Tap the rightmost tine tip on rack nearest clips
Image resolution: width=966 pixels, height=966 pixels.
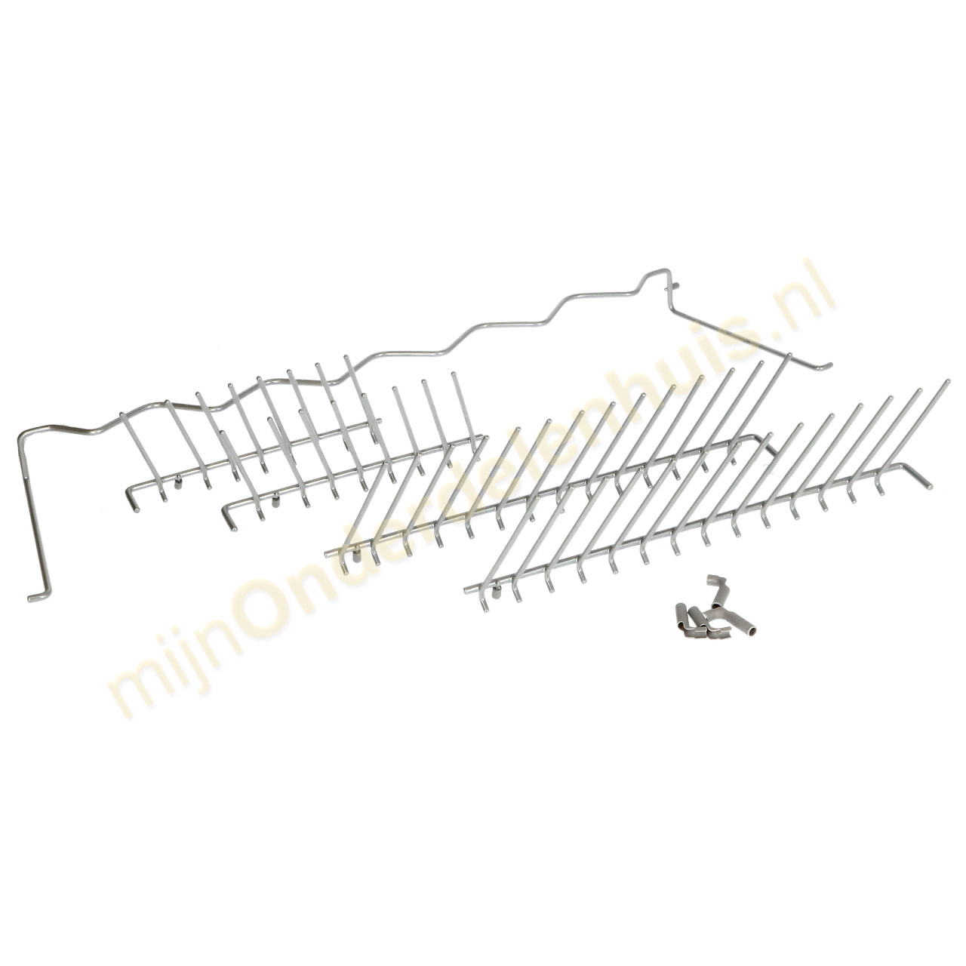click(x=945, y=381)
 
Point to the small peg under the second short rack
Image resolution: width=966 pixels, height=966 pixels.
click(x=276, y=499)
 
